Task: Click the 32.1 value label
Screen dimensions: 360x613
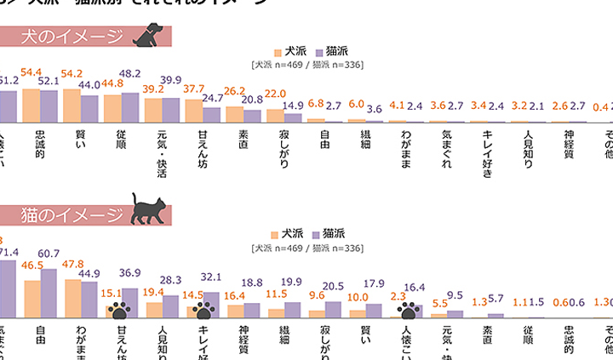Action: click(210, 277)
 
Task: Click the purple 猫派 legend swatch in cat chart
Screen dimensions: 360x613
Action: click(316, 233)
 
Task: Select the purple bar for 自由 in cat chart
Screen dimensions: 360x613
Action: click(49, 293)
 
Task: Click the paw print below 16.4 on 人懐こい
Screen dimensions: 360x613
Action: click(410, 309)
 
